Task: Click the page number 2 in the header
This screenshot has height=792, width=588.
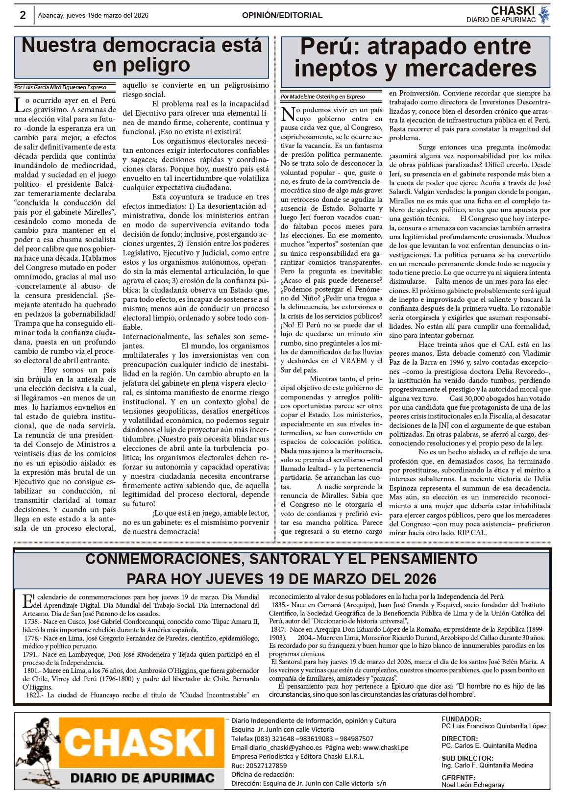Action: pos(23,15)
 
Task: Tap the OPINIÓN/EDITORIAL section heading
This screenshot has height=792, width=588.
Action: pos(282,16)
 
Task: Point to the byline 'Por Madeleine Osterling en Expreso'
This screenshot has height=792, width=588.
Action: pos(323,97)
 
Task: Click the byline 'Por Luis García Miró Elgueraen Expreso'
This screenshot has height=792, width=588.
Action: pos(60,87)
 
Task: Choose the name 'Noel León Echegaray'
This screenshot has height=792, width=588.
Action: pos(473,785)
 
